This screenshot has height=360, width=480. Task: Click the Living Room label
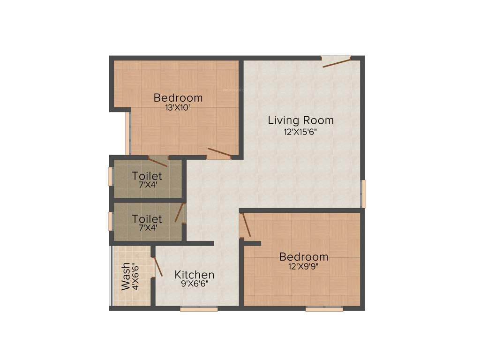pyautogui.click(x=300, y=120)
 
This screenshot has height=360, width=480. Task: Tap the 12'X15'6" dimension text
pyautogui.click(x=300, y=132)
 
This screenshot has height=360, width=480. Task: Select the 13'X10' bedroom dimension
pyautogui.click(x=178, y=107)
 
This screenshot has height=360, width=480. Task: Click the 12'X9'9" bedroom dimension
pyautogui.click(x=304, y=266)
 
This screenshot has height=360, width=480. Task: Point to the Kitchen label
pyautogui.click(x=195, y=275)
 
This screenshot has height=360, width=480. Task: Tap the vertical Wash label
pyautogui.click(x=126, y=277)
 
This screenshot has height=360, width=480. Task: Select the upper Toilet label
pyautogui.click(x=147, y=176)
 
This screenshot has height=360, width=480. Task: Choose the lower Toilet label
pyautogui.click(x=147, y=219)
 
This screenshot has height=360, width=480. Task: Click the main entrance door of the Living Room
pyautogui.click(x=336, y=62)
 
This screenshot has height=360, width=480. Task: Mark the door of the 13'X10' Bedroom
pyautogui.click(x=219, y=152)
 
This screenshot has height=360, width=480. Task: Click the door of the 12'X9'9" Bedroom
pyautogui.click(x=246, y=225)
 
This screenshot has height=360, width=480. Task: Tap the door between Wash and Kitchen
pyautogui.click(x=157, y=266)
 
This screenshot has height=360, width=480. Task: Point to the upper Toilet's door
pyautogui.click(x=158, y=161)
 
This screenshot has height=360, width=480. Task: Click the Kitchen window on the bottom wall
pyautogui.click(x=199, y=309)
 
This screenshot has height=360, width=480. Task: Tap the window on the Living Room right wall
pyautogui.click(x=363, y=193)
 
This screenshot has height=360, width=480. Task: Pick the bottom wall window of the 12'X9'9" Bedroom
pyautogui.click(x=324, y=309)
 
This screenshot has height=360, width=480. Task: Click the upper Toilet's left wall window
pyautogui.click(x=111, y=177)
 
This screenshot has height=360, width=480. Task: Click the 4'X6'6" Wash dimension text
pyautogui.click(x=135, y=277)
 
